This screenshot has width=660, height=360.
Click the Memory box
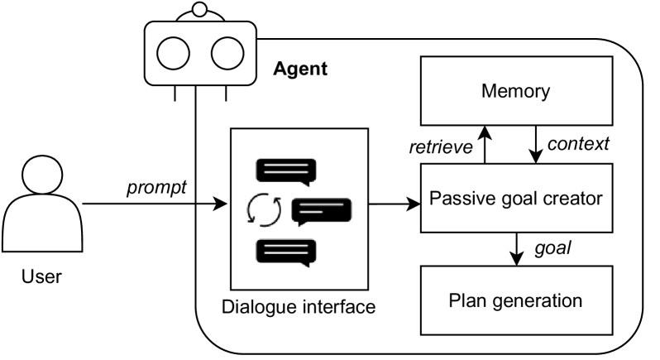515,91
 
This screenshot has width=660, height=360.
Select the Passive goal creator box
515,198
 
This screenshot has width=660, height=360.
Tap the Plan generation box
515,299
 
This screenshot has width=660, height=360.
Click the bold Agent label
300,69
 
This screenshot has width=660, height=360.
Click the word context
579,144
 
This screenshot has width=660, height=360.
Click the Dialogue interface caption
299,307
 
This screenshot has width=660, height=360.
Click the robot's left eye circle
175,55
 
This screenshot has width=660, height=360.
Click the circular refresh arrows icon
265,211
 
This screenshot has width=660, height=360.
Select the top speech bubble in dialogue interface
286,172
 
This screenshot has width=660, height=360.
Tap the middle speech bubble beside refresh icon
322,212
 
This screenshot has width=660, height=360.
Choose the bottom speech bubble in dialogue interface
286,252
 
